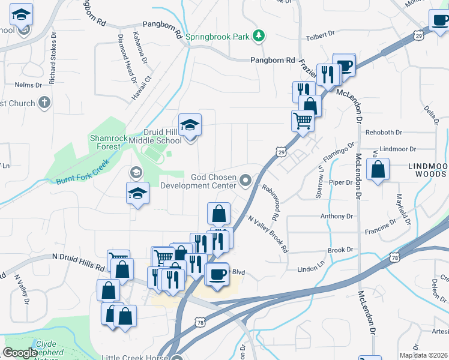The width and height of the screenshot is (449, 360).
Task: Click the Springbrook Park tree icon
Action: click(x=259, y=36)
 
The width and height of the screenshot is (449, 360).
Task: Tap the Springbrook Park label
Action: click(x=217, y=37)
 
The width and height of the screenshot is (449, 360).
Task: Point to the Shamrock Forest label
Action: click(x=109, y=142)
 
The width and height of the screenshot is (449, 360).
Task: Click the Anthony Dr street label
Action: click(x=336, y=216)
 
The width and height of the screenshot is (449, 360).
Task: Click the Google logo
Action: click(x=20, y=352)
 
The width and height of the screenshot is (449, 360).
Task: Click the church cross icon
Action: click(x=43, y=103)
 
